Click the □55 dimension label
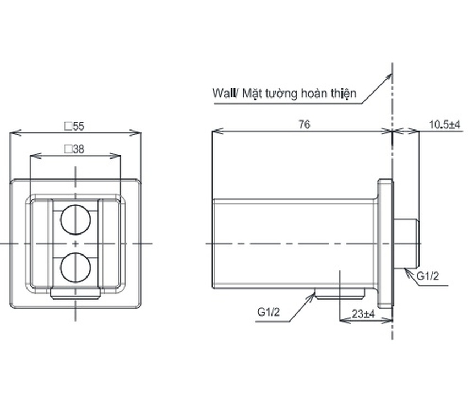[x=75, y=126]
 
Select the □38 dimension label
[x=75, y=149]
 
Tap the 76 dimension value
[x=304, y=124]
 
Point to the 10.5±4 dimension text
[x=445, y=124]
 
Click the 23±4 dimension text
[x=363, y=314]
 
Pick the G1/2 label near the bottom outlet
[x=269, y=312]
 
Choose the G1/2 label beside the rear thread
[x=428, y=276]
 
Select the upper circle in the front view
[x=75, y=220]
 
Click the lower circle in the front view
[x=75, y=268]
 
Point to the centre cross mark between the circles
[x=75, y=244]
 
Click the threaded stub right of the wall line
[x=406, y=244]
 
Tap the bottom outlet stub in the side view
[x=340, y=294]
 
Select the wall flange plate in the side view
[x=385, y=244]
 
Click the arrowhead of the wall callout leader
[x=389, y=76]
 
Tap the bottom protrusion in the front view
[x=75, y=294]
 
